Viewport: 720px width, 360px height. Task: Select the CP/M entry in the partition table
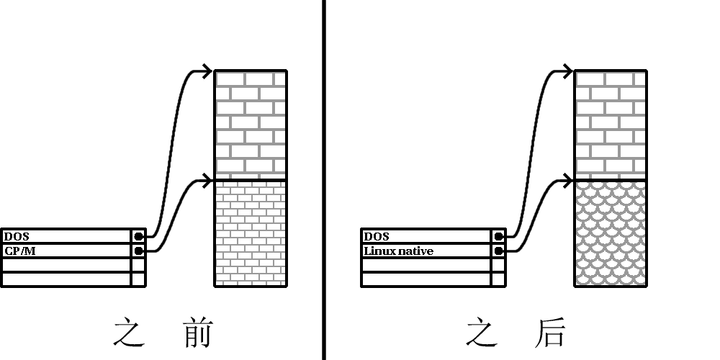[19, 251]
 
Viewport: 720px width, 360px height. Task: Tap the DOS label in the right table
[376, 236]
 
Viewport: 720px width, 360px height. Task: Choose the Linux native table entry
[398, 251]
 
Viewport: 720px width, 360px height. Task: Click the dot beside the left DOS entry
[138, 236]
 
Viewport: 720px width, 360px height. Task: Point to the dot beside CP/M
[138, 251]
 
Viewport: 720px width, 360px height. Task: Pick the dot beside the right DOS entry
[498, 236]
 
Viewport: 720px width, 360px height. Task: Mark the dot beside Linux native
[498, 251]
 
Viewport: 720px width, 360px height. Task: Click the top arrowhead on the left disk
[207, 71]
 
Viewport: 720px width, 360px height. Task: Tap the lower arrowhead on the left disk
[207, 179]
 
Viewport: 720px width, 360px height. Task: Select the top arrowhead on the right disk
[567, 71]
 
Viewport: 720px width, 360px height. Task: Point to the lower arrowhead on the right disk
[567, 179]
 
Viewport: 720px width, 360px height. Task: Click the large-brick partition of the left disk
[251, 125]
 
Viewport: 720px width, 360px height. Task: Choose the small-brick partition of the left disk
[251, 233]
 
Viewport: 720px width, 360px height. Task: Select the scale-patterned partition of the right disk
[611, 233]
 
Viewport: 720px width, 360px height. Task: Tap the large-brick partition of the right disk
[611, 125]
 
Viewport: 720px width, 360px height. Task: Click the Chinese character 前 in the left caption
[194, 333]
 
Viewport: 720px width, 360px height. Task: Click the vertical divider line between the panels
[323, 180]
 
